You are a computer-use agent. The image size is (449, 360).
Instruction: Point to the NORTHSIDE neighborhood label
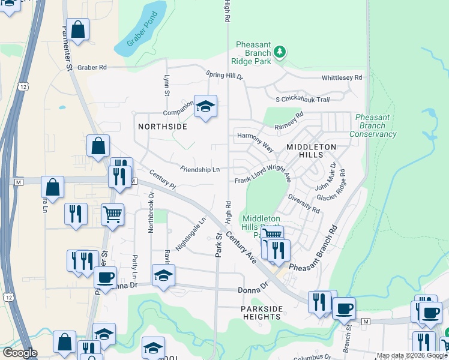pos(163,127)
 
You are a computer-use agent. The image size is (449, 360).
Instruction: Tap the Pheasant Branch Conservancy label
pos(376,125)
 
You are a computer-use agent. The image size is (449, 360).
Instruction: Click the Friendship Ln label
pos(199,170)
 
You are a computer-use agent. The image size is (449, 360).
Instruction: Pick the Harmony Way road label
pos(256,142)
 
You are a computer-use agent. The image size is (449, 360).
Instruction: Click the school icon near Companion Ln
pos(205,107)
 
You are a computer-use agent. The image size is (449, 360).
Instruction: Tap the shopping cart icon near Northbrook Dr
pos(112,214)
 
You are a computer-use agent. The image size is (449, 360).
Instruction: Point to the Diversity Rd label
pos(303,203)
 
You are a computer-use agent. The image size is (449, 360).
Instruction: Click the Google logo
pos(20,352)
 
